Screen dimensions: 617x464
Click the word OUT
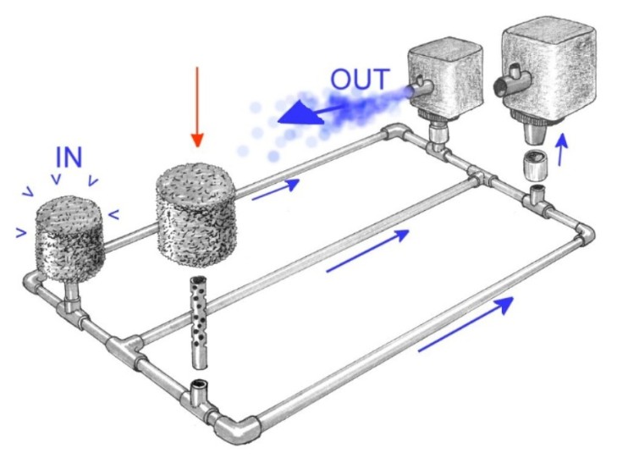[x=360, y=79]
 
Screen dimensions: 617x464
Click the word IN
[x=69, y=157]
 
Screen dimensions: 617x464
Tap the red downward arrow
[x=197, y=107]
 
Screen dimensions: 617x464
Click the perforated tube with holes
[x=200, y=323]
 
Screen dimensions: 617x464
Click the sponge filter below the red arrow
[x=196, y=213]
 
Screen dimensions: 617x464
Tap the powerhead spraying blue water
[x=444, y=79]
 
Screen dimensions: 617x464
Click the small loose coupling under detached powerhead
[x=533, y=166]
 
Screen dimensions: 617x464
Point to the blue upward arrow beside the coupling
[x=563, y=149]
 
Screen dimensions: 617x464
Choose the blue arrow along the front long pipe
[x=466, y=324]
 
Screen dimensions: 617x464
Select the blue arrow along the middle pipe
[x=368, y=251]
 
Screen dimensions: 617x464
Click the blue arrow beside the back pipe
[x=276, y=190]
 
